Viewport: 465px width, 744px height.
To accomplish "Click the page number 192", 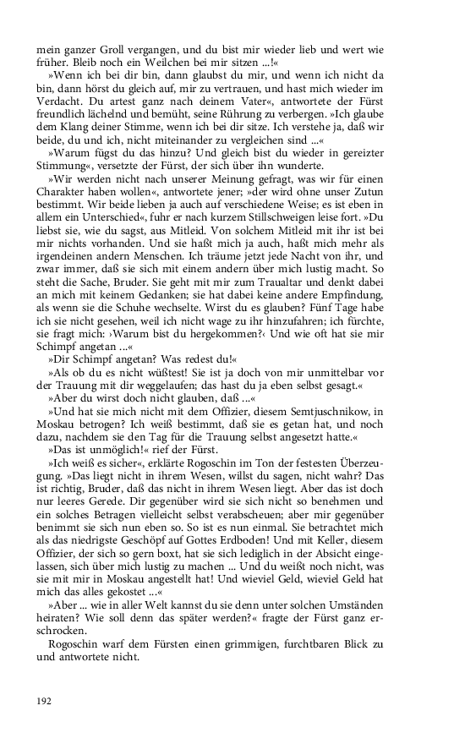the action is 46,701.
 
